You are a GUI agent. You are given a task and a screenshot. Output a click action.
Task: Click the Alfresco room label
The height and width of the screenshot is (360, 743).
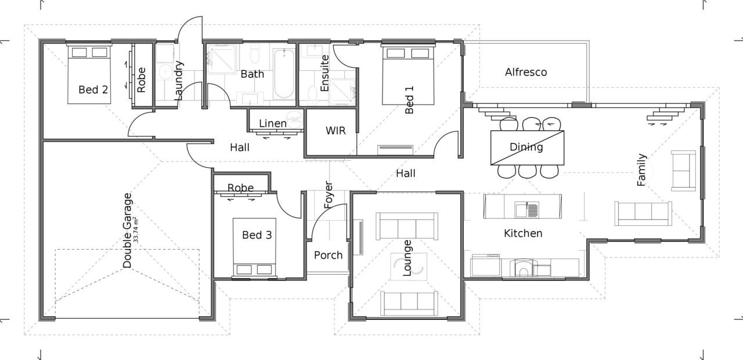pyautogui.click(x=525, y=73)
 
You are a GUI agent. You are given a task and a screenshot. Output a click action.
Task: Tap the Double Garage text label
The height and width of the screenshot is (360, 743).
pyautogui.click(x=127, y=230)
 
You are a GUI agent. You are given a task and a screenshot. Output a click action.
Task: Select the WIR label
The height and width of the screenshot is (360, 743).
pyautogui.click(x=336, y=131)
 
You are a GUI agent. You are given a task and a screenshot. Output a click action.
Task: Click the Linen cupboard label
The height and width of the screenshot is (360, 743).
pyautogui.click(x=272, y=123)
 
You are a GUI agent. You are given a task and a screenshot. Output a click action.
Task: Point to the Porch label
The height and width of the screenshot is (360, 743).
pyautogui.click(x=328, y=255)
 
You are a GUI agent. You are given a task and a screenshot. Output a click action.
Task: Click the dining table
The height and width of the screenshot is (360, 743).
pyautogui.click(x=527, y=147)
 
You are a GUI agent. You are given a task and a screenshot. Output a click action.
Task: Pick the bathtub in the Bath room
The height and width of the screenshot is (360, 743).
pyautogui.click(x=284, y=74)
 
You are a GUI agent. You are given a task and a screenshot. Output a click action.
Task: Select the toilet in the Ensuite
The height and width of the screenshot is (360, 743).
pyautogui.click(x=312, y=95)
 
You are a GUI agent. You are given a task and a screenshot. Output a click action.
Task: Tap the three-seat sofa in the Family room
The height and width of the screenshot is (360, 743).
pyautogui.click(x=643, y=213)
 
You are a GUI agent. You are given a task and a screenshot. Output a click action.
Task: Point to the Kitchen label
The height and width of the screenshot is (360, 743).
pyautogui.click(x=522, y=233)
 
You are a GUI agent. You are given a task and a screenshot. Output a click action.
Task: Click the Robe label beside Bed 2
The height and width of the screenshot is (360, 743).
pyautogui.click(x=141, y=81)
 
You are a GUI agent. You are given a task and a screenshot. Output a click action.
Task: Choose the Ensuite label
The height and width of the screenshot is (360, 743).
pyautogui.click(x=324, y=73)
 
